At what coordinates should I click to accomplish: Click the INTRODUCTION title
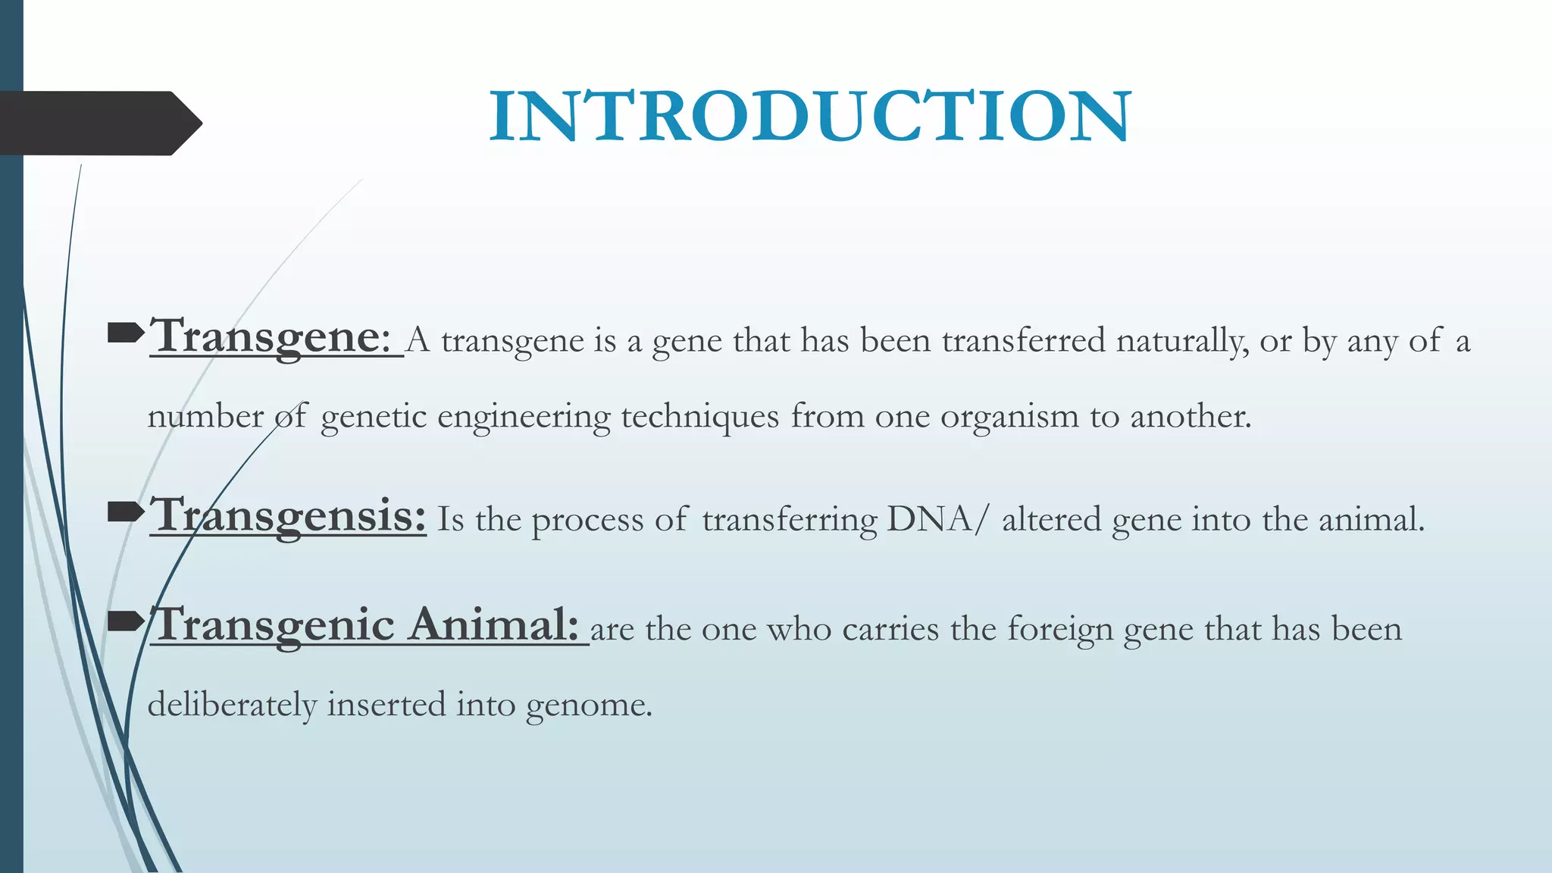809,116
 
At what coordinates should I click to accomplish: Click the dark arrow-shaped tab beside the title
99,124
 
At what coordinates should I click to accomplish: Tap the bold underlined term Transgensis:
288,515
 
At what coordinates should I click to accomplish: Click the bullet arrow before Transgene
126,332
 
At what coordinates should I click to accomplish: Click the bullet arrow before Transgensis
126,514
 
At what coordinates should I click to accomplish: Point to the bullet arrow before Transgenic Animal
126,623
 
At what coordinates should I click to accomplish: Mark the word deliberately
232,705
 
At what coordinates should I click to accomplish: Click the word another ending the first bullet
1190,416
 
